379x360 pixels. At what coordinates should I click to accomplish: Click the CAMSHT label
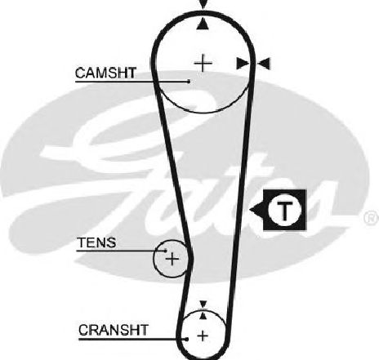tap(105, 73)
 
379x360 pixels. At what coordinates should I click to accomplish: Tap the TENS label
tap(96, 242)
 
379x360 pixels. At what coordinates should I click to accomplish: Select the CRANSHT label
tap(114, 330)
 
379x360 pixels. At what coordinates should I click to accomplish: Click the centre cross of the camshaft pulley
tap(203, 64)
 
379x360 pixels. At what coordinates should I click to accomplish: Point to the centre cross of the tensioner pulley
tap(172, 259)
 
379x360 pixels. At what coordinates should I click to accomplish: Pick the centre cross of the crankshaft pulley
tap(203, 336)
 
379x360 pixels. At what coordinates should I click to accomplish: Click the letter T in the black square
tap(285, 211)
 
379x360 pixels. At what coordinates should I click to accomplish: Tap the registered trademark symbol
tap(372, 218)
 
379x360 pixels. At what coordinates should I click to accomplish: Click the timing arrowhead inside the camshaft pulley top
tap(203, 24)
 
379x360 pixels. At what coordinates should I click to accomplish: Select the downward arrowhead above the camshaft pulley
tap(203, 4)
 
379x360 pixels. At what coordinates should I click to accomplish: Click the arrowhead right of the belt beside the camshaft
tap(264, 64)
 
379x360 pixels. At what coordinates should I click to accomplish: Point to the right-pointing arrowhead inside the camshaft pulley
tap(243, 64)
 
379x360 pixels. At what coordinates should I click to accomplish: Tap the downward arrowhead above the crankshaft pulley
tap(203, 304)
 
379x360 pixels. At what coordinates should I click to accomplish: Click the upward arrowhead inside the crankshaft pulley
tap(203, 315)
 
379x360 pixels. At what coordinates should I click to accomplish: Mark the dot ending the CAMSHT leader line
tap(189, 81)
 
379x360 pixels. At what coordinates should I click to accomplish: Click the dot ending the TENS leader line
tap(165, 251)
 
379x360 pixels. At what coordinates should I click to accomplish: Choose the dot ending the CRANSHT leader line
tap(187, 339)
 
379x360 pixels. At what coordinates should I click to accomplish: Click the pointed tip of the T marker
tap(250, 210)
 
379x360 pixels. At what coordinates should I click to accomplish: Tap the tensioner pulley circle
tap(154, 259)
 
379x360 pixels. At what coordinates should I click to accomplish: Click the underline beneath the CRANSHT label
tap(132, 339)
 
